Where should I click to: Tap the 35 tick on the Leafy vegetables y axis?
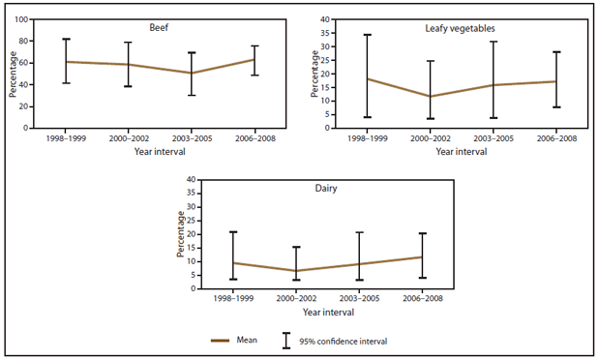click(x=324, y=33)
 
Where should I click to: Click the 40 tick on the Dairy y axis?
click(x=191, y=180)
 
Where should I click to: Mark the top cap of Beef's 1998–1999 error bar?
click(x=66, y=39)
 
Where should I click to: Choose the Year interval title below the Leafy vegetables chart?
click(x=445, y=153)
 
